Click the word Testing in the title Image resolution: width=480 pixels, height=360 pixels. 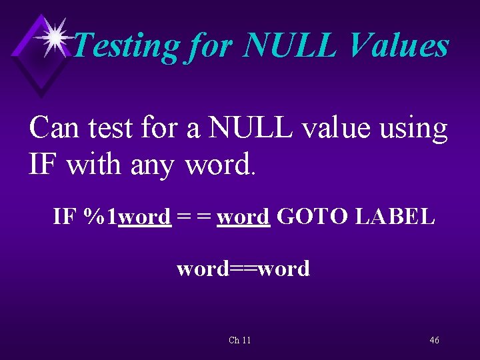pyautogui.click(x=125, y=47)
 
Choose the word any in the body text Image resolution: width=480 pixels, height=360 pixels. pyautogui.click(x=155, y=163)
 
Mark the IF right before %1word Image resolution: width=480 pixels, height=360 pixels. pyautogui.click(x=65, y=216)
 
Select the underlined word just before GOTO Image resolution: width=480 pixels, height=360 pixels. pyautogui.click(x=243, y=216)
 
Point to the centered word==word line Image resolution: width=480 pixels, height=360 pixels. pyautogui.click(x=243, y=269)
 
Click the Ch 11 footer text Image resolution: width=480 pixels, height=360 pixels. pyautogui.click(x=239, y=340)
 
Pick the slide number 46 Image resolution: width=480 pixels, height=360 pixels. pyautogui.click(x=434, y=340)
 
